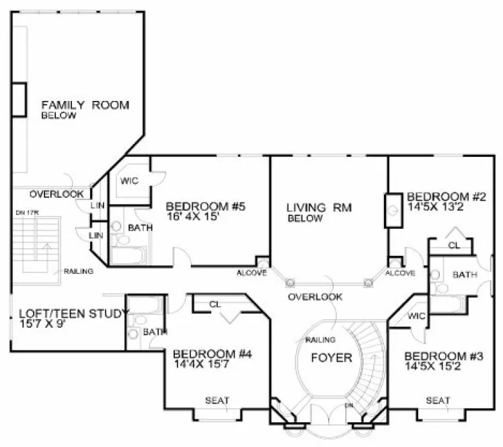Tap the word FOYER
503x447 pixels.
(x=332, y=357)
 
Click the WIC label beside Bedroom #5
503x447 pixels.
(x=130, y=181)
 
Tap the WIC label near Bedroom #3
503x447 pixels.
(x=416, y=316)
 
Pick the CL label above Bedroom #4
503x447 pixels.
(x=215, y=304)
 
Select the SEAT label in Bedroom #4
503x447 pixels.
(x=217, y=401)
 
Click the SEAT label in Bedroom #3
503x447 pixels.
(x=438, y=401)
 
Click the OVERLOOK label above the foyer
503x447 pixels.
(x=315, y=296)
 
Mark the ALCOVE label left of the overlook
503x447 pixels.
(x=251, y=273)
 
